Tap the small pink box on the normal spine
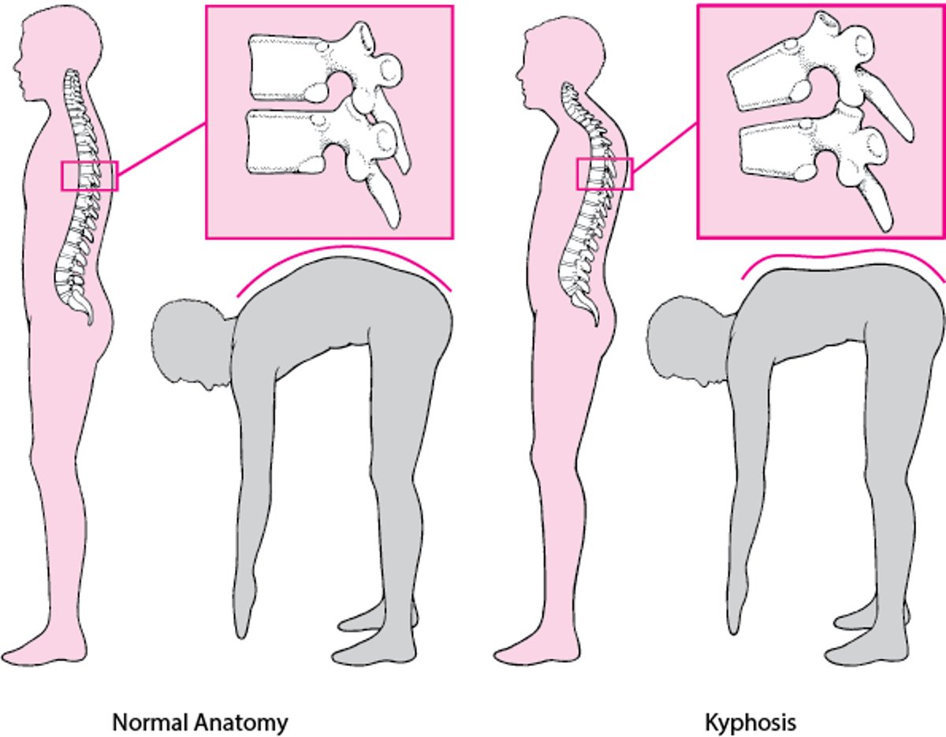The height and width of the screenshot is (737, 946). point(90,176)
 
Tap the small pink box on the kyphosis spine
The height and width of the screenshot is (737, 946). point(605,174)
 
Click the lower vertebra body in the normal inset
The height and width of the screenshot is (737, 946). point(285,143)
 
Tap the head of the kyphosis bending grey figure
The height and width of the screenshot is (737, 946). point(690,341)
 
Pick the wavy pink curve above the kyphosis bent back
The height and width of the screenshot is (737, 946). point(844,260)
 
